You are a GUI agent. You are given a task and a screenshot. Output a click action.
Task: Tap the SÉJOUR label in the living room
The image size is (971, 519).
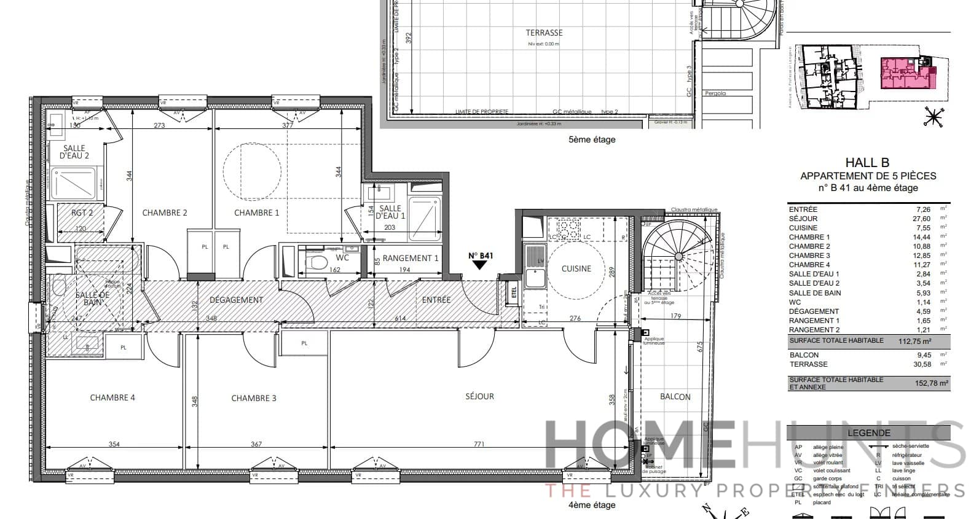(x=479, y=396)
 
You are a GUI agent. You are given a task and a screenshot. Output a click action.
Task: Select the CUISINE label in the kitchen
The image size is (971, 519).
(x=576, y=268)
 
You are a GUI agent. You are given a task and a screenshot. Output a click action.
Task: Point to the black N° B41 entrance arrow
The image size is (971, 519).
(x=480, y=265)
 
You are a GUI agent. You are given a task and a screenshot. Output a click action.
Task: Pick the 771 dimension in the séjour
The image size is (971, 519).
(x=479, y=444)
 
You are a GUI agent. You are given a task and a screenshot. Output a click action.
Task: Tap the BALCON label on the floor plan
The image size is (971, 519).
(x=675, y=397)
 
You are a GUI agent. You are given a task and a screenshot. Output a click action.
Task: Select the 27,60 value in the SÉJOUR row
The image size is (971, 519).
(x=921, y=219)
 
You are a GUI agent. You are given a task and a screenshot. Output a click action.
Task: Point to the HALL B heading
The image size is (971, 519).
(x=867, y=163)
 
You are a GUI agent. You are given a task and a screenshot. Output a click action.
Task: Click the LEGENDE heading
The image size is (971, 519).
(x=868, y=433)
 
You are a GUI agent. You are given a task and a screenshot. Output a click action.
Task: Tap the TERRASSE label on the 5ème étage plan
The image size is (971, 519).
(x=544, y=33)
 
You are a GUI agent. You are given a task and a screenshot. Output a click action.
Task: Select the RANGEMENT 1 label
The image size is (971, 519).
(x=411, y=258)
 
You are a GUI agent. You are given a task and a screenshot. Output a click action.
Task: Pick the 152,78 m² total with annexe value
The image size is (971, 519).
(x=932, y=383)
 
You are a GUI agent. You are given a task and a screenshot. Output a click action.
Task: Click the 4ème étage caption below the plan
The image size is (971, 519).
(x=591, y=505)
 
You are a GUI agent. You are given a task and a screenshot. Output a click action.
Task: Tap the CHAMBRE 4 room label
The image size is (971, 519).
(x=112, y=397)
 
